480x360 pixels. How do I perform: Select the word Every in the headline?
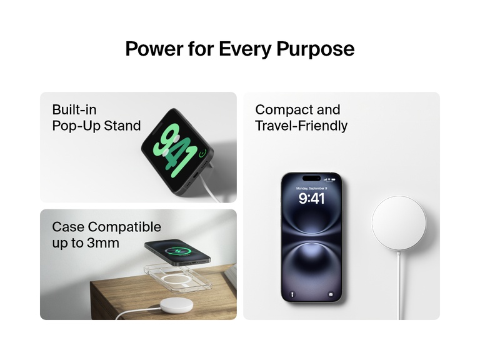[243, 49]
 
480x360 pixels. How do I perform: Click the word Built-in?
[74, 110]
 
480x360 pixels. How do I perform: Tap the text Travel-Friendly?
[301, 126]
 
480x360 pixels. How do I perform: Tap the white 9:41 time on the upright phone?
[311, 199]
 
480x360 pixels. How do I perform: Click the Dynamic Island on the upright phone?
[311, 179]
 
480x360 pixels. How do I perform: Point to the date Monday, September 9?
[311, 188]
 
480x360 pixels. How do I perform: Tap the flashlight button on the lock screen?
[292, 292]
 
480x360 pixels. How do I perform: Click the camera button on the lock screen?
[331, 292]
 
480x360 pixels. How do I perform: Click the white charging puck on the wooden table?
[176, 306]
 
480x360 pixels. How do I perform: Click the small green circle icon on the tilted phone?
[202, 154]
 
